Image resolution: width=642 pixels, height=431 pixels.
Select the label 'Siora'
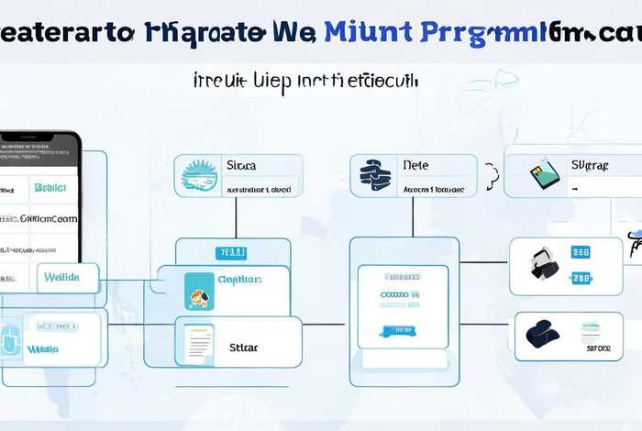(241, 167)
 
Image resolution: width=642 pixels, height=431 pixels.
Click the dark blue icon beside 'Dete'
(375, 174)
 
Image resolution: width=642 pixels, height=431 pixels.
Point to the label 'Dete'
(415, 166)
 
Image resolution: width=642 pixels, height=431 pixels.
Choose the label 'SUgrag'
(590, 167)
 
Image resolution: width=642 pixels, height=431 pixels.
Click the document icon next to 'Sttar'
(198, 344)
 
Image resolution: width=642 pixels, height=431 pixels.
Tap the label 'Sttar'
(244, 348)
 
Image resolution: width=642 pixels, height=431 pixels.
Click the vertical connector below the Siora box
(236, 217)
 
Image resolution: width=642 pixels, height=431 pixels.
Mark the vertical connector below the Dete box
(413, 217)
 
